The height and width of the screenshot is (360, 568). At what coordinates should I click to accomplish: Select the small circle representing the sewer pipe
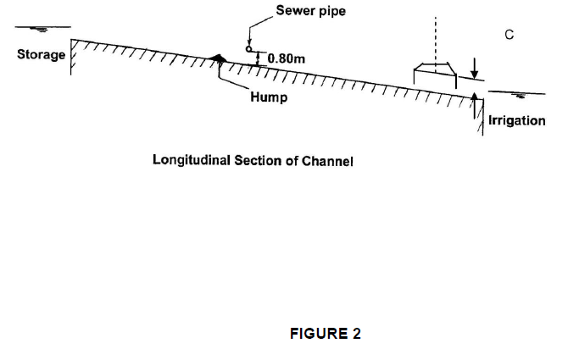click(x=250, y=50)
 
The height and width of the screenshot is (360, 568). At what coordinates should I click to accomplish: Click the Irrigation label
click(x=516, y=120)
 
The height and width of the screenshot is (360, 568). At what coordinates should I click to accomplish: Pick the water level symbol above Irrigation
click(x=511, y=95)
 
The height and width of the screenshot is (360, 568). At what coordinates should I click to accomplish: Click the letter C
click(x=509, y=35)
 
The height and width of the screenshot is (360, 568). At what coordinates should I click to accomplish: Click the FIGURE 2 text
click(x=325, y=333)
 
